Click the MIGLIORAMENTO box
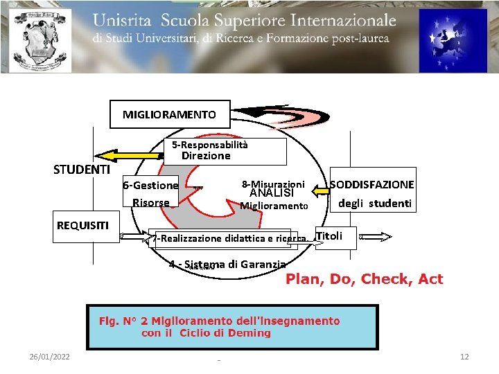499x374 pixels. [169, 114]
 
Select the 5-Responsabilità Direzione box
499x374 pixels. [228, 151]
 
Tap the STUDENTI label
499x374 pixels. [82, 170]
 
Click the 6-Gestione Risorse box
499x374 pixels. [150, 193]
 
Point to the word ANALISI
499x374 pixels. [272, 193]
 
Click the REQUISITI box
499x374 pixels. [82, 224]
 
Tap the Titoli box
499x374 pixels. [330, 236]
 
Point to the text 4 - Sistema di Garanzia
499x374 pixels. [227, 264]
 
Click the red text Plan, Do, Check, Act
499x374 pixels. [364, 279]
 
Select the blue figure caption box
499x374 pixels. [231, 327]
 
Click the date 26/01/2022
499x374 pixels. [49, 356]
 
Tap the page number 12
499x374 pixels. [464, 356]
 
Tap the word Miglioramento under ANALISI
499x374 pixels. [274, 206]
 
